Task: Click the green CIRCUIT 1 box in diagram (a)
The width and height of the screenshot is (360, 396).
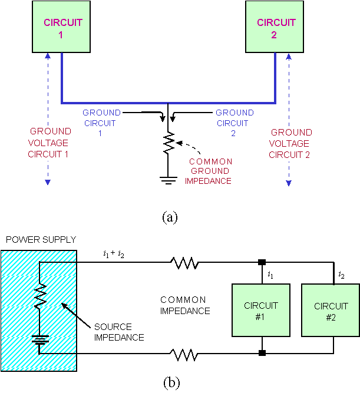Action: tap(62, 28)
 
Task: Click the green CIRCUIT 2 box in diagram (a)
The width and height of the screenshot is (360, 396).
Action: tap(276, 28)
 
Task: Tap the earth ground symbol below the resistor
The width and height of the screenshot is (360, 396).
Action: tap(169, 179)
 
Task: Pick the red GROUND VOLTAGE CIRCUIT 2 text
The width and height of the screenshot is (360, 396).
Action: tap(290, 144)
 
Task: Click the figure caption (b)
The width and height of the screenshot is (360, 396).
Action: tap(170, 382)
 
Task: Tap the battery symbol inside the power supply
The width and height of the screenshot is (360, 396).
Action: tap(39, 341)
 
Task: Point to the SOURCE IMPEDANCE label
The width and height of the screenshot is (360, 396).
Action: tap(114, 332)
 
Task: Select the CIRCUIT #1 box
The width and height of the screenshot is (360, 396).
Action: tap(261, 311)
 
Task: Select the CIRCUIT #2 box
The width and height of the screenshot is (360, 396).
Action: tap(331, 311)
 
